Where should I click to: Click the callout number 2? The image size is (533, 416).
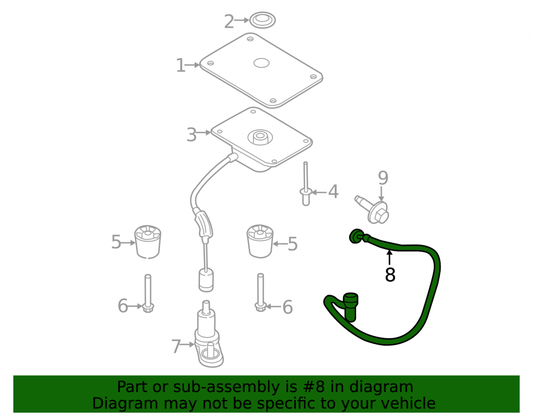coord(229,22)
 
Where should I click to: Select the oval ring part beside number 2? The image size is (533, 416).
coord(262,20)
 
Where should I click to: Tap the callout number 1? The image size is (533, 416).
coord(181,65)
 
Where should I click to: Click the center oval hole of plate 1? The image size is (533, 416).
coord(261,63)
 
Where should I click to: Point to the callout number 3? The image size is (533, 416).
coord(191,135)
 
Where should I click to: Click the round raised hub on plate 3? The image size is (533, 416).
coord(261,137)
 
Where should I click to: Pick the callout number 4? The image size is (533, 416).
coord(334,192)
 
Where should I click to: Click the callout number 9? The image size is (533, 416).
coord(383,177)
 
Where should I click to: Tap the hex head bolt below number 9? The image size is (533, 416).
coord(373,209)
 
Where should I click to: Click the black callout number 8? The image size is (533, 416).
coord(390,275)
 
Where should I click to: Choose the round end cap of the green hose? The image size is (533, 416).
coord(356,236)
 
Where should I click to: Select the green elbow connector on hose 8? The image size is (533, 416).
coord(350,306)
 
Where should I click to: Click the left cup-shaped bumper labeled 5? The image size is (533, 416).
coord(148,241)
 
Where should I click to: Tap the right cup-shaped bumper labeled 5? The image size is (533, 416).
coord(260,241)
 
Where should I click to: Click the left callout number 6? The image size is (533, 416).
coord(123,306)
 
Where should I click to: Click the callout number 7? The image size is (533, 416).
coord(176,346)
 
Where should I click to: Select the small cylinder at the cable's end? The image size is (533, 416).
coord(206,280)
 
